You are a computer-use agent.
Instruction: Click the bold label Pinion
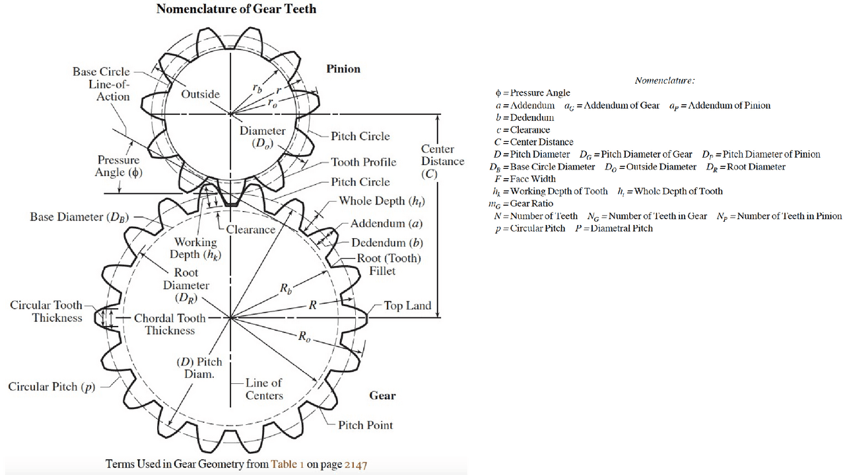pyautogui.click(x=343, y=69)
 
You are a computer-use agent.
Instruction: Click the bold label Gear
pyautogui.click(x=382, y=395)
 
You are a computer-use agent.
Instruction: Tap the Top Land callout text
pyautogui.click(x=407, y=305)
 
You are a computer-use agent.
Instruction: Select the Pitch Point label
pyautogui.click(x=365, y=426)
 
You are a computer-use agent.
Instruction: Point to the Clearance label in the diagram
pyautogui.click(x=250, y=230)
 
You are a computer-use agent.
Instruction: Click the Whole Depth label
pyautogui.click(x=382, y=201)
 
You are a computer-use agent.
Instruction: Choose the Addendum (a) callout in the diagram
pyautogui.click(x=386, y=224)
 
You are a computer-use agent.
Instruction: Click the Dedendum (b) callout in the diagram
pyautogui.click(x=387, y=243)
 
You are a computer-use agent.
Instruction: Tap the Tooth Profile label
pyautogui.click(x=364, y=162)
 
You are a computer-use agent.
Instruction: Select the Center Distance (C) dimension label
pyautogui.click(x=442, y=162)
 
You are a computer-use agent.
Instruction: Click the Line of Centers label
pyautogui.click(x=263, y=389)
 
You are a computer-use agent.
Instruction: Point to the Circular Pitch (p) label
pyautogui.click(x=51, y=387)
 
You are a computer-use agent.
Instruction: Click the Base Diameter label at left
pyautogui.click(x=79, y=217)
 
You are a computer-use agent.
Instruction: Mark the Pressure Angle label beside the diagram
pyautogui.click(x=118, y=166)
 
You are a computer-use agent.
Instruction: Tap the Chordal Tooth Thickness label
pyautogui.click(x=170, y=324)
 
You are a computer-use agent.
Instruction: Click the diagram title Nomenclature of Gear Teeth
pyautogui.click(x=236, y=9)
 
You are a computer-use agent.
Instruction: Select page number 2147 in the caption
pyautogui.click(x=356, y=464)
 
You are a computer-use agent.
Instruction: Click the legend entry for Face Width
pyautogui.click(x=525, y=179)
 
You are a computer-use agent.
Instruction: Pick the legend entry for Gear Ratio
pyautogui.click(x=521, y=204)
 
